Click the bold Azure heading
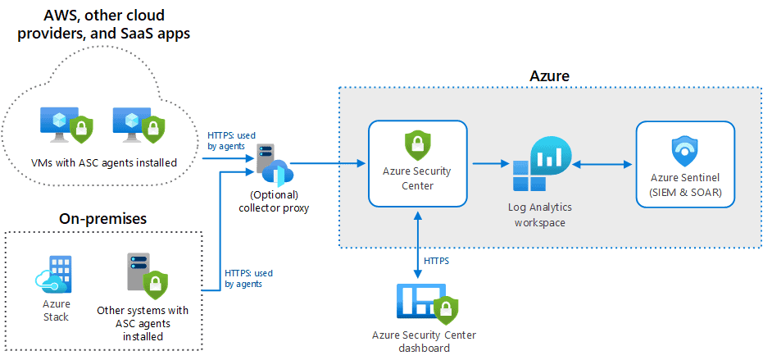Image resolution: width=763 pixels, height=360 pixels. click(x=549, y=76)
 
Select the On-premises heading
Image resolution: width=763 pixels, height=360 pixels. click(x=102, y=219)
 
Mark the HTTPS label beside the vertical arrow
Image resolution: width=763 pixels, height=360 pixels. click(x=437, y=260)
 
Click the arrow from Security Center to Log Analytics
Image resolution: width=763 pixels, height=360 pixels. click(x=492, y=164)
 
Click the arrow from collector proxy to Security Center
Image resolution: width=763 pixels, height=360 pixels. click(x=328, y=164)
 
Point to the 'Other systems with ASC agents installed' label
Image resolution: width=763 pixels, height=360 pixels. click(x=142, y=323)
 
